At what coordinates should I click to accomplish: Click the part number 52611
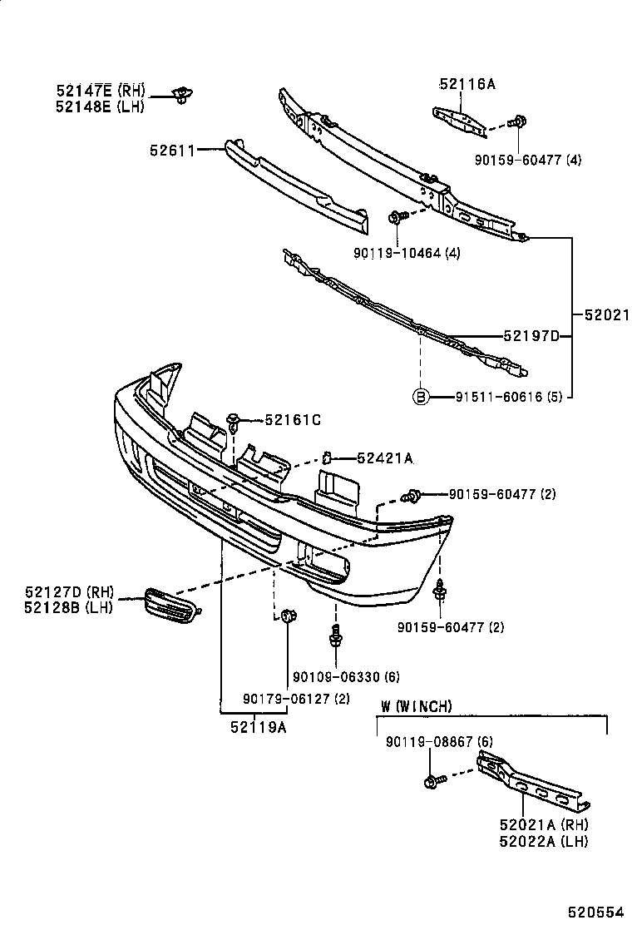(x=171, y=151)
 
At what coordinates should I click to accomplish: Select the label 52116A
(x=467, y=83)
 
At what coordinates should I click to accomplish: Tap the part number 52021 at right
(x=605, y=315)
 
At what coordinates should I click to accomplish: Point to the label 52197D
(x=530, y=335)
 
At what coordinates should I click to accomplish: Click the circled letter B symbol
(x=421, y=397)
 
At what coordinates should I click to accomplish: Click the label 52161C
(x=292, y=421)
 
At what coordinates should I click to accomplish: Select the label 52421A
(x=385, y=458)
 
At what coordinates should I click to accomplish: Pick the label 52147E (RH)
(x=101, y=90)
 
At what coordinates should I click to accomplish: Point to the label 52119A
(x=259, y=727)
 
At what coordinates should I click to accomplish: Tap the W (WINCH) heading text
(x=417, y=706)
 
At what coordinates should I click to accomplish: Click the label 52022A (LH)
(x=543, y=842)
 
